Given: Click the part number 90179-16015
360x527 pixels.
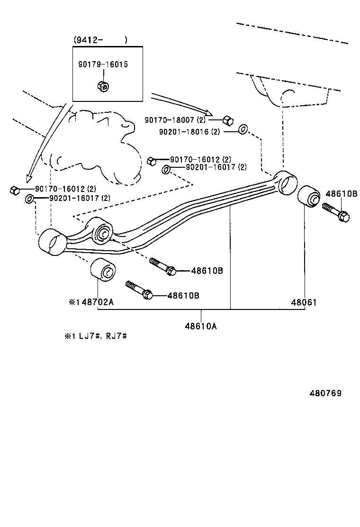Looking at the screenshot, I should (x=103, y=64).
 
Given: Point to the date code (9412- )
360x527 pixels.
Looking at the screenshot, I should (x=100, y=40).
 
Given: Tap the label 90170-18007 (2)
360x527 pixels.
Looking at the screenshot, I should (x=175, y=121).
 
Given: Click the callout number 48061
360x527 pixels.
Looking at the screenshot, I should (x=304, y=302).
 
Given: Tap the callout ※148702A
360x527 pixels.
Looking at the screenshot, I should (x=91, y=302).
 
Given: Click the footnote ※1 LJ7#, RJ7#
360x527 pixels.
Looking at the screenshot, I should (x=97, y=336).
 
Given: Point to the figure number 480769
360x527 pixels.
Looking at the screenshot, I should (x=325, y=393).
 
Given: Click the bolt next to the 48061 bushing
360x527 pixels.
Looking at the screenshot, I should (x=336, y=213).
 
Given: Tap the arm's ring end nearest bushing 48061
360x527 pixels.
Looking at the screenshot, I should (x=286, y=183).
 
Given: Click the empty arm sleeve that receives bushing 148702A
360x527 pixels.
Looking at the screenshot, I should (x=52, y=242).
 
